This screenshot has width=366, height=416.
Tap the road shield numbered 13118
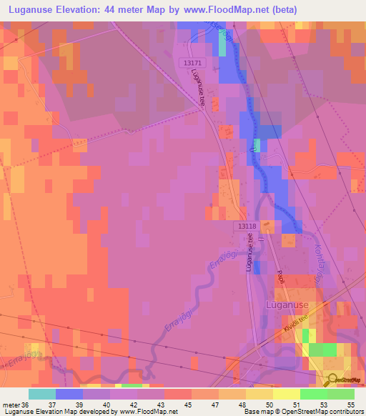coord(245,226)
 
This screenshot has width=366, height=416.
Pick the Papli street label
coord(281,277)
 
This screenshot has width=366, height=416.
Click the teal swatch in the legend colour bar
coord(42,394)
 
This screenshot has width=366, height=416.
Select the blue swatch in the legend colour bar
coord(69,394)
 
